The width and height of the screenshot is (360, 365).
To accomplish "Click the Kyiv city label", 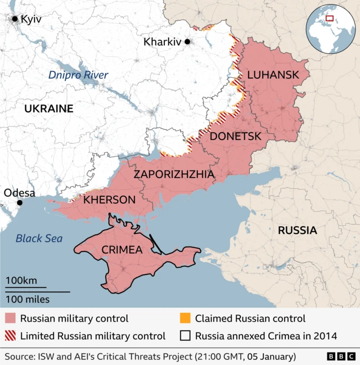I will tap(30, 19).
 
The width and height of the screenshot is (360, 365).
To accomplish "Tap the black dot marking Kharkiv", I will tap(187, 42).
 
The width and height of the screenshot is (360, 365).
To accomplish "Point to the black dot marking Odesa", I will tap(20, 202).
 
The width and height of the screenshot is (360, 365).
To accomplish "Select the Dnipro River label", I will tap(78, 75).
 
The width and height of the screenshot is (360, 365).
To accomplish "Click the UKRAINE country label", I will tap(48, 109).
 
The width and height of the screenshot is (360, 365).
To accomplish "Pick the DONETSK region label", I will tap(236, 136).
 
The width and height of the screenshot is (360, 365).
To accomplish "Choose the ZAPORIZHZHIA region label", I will tap(174, 174).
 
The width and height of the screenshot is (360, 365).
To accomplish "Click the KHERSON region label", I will tap(110, 200).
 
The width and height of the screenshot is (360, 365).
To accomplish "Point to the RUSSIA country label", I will tap(297, 230).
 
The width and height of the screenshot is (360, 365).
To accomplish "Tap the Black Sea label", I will tap(39, 238).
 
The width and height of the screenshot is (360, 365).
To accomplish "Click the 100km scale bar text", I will tap(21, 281).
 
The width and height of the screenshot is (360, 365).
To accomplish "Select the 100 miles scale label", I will tap(28, 299).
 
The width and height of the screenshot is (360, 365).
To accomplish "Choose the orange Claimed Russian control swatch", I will tap(185, 319).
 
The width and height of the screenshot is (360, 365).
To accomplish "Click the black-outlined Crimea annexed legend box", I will tap(185, 336).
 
